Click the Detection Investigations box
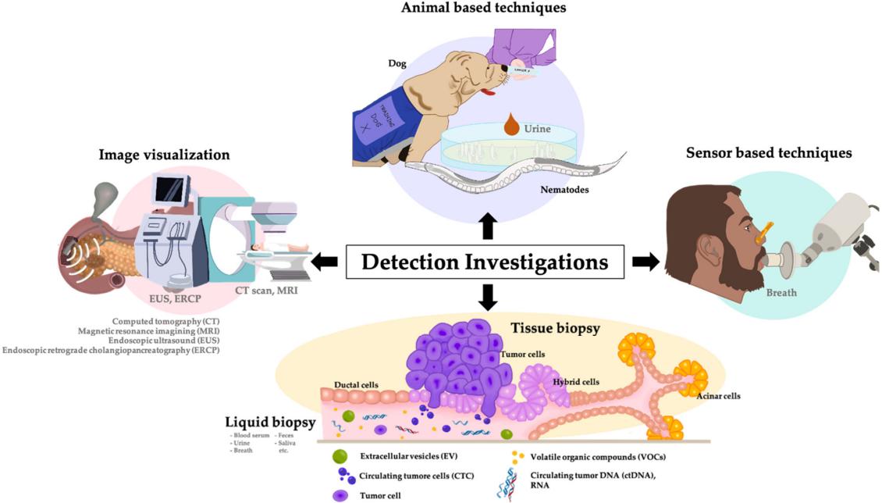coord(485,262)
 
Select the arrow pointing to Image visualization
coord(324,262)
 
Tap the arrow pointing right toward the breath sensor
coord(645,262)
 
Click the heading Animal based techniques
coord(483,8)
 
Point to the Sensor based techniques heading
coord(769,152)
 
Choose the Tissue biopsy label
coord(555,328)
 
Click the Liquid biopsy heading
coord(270,423)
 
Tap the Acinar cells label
coord(718,396)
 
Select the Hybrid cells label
coord(576,382)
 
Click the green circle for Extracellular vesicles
coord(340,455)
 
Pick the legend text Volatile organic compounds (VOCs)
coord(599,456)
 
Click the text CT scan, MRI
coord(267,291)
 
